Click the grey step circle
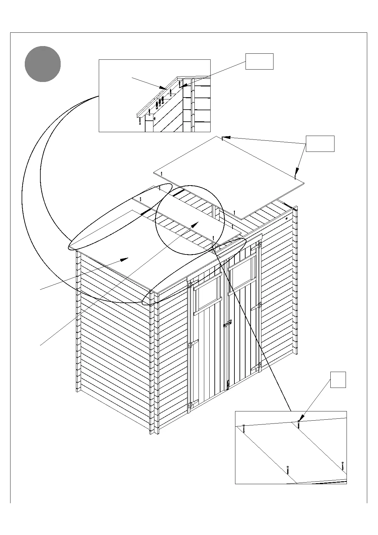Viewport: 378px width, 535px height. tap(43, 64)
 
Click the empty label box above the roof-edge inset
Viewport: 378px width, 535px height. tap(259, 61)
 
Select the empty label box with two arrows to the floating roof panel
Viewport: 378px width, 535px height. tap(320, 144)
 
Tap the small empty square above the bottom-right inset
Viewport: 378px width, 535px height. tap(338, 380)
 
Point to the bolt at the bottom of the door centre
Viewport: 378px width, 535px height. tap(228, 385)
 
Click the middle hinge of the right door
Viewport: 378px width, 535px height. tap(256, 307)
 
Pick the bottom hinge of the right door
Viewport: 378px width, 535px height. tap(256, 367)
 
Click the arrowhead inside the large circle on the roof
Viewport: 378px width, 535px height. tap(194, 225)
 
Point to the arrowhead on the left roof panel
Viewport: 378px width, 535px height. tap(124, 260)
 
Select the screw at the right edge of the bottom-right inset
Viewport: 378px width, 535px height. tap(343, 466)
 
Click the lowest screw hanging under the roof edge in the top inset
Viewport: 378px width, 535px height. tap(139, 121)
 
